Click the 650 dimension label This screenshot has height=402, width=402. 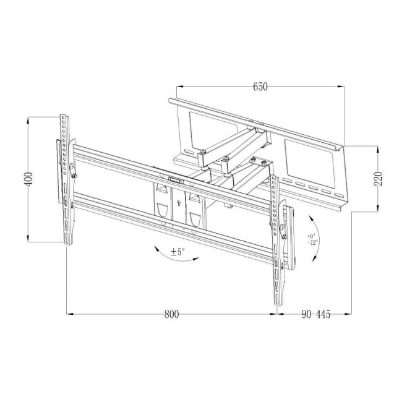point(260,87)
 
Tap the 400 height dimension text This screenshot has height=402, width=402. point(28,179)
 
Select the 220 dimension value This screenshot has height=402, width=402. point(378,179)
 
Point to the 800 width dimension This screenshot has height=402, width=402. point(171,314)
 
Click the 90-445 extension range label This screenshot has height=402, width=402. point(316,314)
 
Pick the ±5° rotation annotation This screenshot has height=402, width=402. point(178,252)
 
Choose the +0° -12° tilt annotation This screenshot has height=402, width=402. point(313,239)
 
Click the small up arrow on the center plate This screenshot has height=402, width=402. point(179,203)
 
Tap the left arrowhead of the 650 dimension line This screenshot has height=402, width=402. point(179,87)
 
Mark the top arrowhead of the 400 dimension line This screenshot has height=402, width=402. point(28,120)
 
